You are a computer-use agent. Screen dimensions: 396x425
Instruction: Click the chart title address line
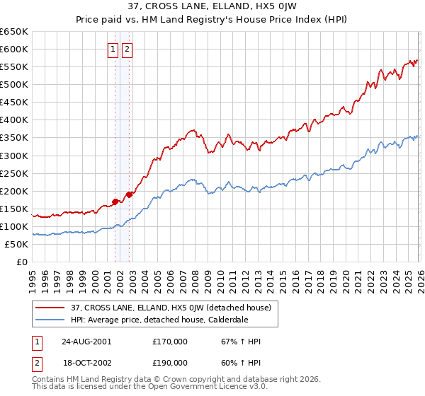tap(212, 7)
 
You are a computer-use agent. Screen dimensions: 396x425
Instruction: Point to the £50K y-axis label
tap(16, 244)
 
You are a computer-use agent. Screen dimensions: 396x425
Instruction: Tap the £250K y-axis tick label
tap(13, 173)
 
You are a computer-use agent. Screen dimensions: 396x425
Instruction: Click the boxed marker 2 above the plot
tap(127, 49)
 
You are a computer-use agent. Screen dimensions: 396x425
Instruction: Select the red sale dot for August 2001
tap(115, 202)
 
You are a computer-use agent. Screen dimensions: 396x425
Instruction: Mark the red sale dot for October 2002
tap(130, 194)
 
